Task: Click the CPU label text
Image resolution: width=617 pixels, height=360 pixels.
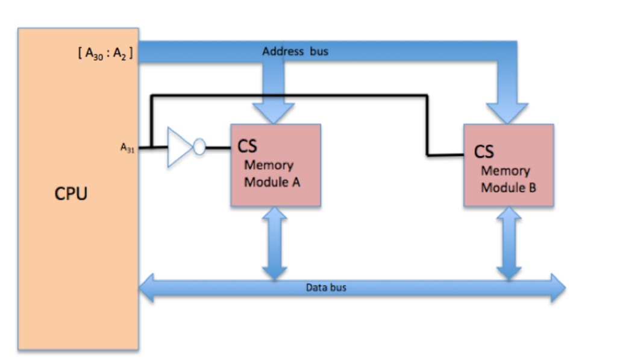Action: (x=71, y=194)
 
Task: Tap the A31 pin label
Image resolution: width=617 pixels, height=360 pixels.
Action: (x=128, y=147)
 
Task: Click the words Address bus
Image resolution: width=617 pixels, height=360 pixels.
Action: (x=295, y=52)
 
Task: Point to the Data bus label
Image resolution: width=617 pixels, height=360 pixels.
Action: (x=326, y=288)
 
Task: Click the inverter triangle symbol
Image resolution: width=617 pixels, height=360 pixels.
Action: (x=179, y=147)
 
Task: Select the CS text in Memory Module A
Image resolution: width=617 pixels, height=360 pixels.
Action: (x=247, y=147)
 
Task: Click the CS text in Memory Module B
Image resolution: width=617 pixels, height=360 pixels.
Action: (x=484, y=151)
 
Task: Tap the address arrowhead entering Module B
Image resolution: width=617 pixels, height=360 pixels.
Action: (x=507, y=113)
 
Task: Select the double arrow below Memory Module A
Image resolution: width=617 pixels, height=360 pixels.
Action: (x=275, y=243)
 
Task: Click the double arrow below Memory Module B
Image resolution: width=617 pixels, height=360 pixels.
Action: (x=509, y=243)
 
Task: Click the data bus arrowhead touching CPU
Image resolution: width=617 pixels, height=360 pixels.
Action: (x=147, y=288)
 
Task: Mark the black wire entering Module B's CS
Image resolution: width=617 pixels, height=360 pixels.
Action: (x=446, y=155)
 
